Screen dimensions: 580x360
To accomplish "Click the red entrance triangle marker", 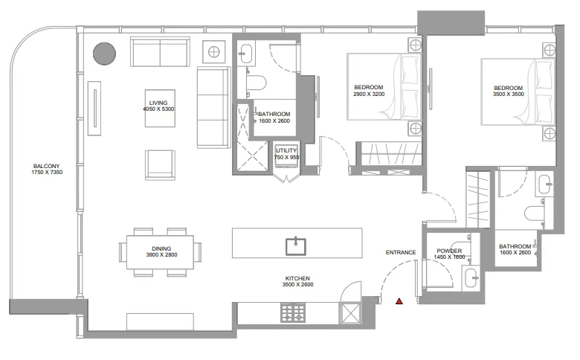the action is (399, 301).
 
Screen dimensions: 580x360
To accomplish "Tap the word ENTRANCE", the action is (401, 252).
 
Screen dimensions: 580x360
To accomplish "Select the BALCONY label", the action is (46, 166).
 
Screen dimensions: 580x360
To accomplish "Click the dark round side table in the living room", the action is (104, 54).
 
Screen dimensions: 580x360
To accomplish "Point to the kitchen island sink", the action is (296, 246).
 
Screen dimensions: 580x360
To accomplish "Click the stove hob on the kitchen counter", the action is (293, 312).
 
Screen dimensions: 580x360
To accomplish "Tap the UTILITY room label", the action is (286, 150).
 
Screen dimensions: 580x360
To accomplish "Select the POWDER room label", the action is (449, 251).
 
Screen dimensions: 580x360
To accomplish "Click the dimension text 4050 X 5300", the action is (158, 109).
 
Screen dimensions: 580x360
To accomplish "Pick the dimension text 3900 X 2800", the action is (161, 254).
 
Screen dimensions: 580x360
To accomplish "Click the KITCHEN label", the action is (297, 278).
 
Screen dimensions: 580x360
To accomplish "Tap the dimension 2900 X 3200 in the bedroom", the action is (369, 94).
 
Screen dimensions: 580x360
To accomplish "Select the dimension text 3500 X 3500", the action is (508, 94).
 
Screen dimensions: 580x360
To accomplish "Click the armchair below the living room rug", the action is (160, 165).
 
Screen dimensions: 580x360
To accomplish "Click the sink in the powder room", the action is (471, 277).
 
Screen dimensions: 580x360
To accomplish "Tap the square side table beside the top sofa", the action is (214, 52).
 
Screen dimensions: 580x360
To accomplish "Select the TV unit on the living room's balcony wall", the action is (94, 108).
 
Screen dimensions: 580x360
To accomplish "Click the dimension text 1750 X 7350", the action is (47, 173).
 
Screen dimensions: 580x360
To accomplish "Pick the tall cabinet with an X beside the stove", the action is (349, 313).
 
